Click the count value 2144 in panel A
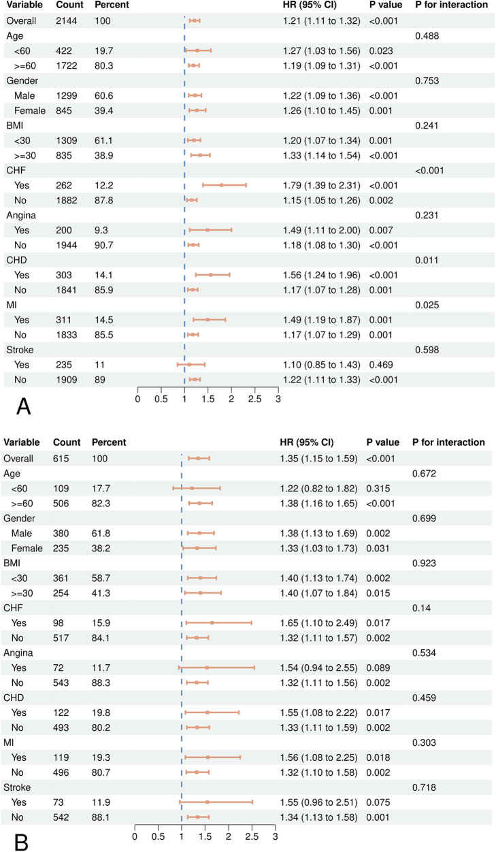click(x=66, y=21)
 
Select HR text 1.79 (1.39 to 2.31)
click(x=321, y=185)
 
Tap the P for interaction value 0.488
click(x=427, y=36)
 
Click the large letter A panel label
click(x=23, y=406)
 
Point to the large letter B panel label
click(x=21, y=842)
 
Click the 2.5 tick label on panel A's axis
click(x=255, y=399)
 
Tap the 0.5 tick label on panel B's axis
click(x=159, y=836)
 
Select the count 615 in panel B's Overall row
click(x=61, y=459)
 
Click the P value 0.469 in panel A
click(x=381, y=365)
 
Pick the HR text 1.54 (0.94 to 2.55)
click(x=318, y=668)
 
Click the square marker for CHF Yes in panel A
click(x=221, y=185)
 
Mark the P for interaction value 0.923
click(x=424, y=563)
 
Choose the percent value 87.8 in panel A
click(x=104, y=201)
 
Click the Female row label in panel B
click(x=27, y=548)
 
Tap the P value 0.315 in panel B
click(x=378, y=489)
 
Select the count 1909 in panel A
click(x=67, y=380)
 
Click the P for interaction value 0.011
click(x=427, y=260)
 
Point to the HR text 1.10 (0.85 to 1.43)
click(x=321, y=365)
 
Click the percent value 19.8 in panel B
click(x=101, y=712)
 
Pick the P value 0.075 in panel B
click(x=378, y=802)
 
